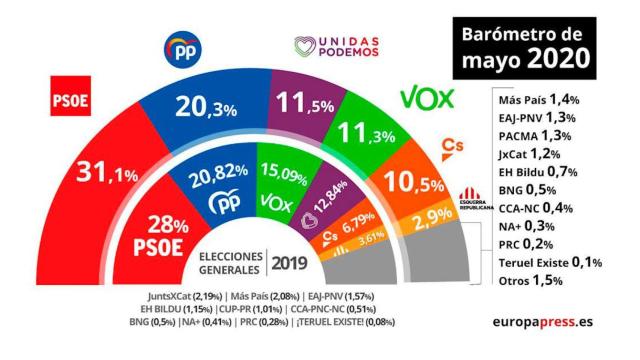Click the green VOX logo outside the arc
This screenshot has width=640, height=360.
coord(427,97)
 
